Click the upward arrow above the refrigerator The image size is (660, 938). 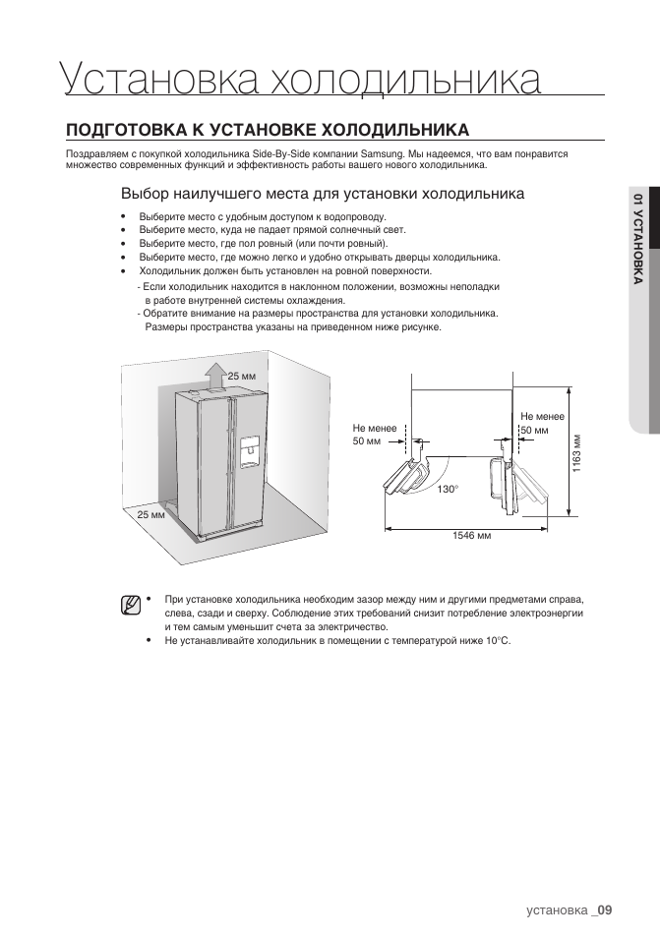click(x=213, y=377)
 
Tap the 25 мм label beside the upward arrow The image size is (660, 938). click(x=242, y=376)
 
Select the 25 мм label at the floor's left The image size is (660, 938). click(x=150, y=514)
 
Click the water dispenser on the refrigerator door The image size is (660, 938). click(x=250, y=451)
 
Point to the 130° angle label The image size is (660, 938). click(x=447, y=490)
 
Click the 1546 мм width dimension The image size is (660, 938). click(x=471, y=536)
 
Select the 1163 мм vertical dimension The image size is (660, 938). click(x=576, y=453)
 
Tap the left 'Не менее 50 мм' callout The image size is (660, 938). click(x=375, y=435)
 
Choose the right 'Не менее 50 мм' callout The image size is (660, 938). click(x=542, y=423)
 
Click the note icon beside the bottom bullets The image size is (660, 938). click(x=130, y=606)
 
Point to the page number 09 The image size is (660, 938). click(x=604, y=910)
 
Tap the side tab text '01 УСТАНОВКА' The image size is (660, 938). click(x=638, y=239)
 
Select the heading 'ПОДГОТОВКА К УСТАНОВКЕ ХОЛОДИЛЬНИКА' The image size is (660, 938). click(x=267, y=130)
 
